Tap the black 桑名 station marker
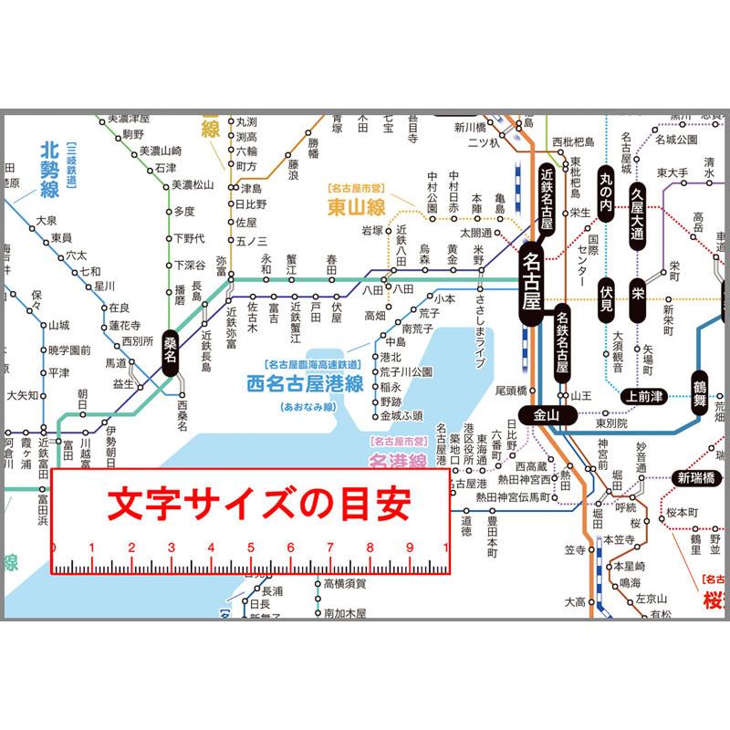click(x=170, y=351)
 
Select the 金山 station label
click(x=546, y=414)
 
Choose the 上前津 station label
click(x=646, y=395)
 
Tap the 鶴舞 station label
click(x=700, y=389)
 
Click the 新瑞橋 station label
click(x=697, y=477)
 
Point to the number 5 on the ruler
click(x=250, y=548)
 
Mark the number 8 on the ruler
click(x=369, y=548)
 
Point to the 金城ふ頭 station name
click(x=401, y=415)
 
